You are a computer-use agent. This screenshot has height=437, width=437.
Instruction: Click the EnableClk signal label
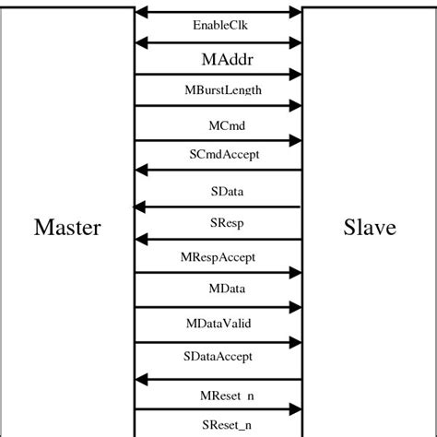tap(219, 26)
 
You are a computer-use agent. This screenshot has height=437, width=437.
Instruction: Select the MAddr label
tap(227, 59)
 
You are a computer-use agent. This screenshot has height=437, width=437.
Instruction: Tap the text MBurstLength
tap(222, 90)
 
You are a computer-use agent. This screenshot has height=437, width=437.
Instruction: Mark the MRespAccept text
tap(218, 256)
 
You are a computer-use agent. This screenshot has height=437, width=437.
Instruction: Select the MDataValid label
tap(218, 323)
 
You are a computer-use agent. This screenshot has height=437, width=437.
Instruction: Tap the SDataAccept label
tap(218, 356)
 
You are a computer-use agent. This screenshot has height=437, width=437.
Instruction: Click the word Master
tap(67, 227)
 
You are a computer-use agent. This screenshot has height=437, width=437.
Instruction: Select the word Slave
tap(369, 227)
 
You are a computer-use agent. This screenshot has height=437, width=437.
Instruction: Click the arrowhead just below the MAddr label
tap(296, 74)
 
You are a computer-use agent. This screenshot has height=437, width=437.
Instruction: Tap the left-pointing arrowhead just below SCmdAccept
tap(141, 170)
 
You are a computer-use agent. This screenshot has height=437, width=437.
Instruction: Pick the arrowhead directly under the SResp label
tap(141, 239)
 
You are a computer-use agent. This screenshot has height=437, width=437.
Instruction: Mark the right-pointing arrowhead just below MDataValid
tap(296, 341)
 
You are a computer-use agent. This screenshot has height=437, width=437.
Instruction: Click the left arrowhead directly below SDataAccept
tap(141, 379)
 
